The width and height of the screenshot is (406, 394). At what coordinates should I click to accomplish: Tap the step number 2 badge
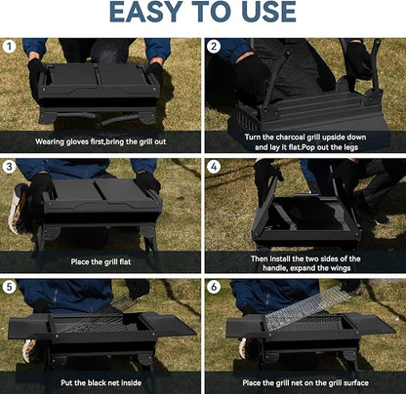[214, 46]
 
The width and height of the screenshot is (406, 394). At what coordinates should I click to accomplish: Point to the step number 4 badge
[214, 166]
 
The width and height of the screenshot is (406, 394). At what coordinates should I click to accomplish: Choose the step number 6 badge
[214, 287]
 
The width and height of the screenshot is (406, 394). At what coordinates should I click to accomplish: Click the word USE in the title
[260, 13]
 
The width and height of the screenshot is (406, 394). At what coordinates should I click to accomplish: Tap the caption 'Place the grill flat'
[101, 261]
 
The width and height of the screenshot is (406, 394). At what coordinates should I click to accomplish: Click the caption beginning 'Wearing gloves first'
[101, 140]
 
